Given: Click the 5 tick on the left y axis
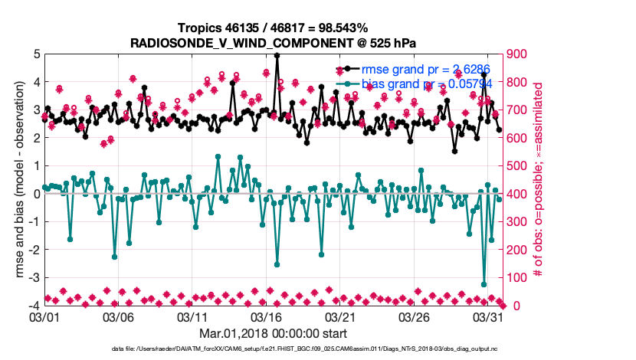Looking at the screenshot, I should point(36,54).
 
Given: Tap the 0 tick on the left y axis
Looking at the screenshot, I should point(36,194).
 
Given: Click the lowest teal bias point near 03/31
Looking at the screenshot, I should point(484,284).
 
